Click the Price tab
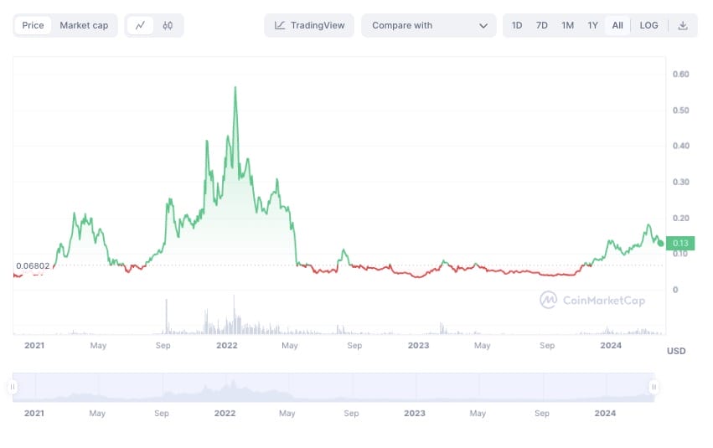click(x=34, y=25)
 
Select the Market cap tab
click(x=84, y=25)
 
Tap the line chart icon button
click(x=140, y=25)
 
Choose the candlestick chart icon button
click(x=168, y=25)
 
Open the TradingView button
click(x=309, y=25)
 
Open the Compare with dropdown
click(x=429, y=25)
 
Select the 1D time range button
click(x=517, y=25)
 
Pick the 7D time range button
click(x=542, y=25)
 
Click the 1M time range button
click(x=567, y=25)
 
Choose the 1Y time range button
click(x=592, y=25)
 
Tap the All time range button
click(x=617, y=25)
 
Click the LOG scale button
click(x=648, y=25)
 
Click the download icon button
click(x=683, y=25)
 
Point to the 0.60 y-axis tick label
click(x=680, y=75)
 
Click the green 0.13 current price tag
click(x=680, y=243)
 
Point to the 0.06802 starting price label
click(x=32, y=266)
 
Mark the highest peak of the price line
click(x=235, y=87)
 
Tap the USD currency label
click(x=676, y=351)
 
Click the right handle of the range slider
click(x=654, y=387)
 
